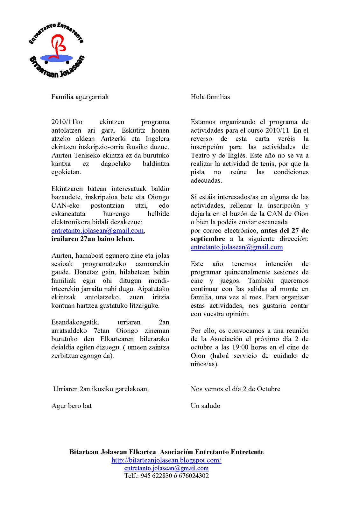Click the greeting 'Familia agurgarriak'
(x=80, y=97)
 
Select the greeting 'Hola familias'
(x=210, y=97)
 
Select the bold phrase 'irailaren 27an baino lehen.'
(x=93, y=239)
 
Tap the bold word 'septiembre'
(x=208, y=239)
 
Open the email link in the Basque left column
(x=97, y=231)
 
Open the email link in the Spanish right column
(x=236, y=247)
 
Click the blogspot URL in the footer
(x=166, y=460)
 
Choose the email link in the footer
(x=166, y=468)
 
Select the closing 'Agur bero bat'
(x=71, y=406)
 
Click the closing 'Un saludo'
(x=205, y=406)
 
